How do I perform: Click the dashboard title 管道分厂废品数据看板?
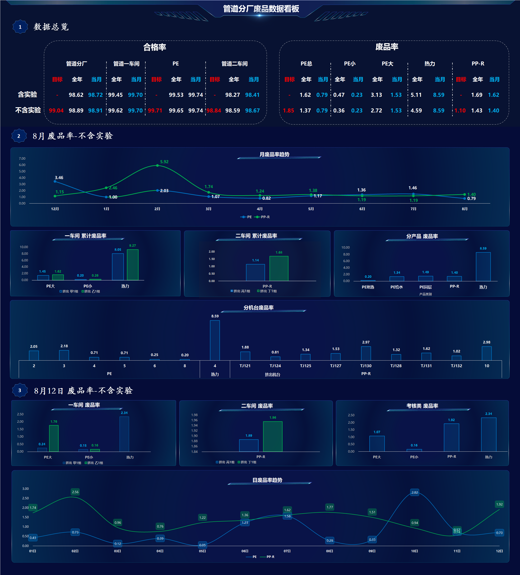coord(261,9)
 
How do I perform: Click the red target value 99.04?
coord(56,110)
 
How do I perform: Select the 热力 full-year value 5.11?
coord(416,95)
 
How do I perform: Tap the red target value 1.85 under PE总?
coord(288,110)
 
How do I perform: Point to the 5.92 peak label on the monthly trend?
coord(164,162)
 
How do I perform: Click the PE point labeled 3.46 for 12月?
coord(55,181)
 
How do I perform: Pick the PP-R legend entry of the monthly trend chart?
coord(262,217)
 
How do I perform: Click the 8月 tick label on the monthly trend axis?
coord(465,209)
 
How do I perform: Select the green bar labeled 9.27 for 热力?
coord(133,265)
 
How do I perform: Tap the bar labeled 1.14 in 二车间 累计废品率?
coord(255,272)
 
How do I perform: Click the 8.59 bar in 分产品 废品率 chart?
coord(483,267)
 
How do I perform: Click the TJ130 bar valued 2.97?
coord(366,353)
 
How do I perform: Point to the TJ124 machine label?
coord(275,366)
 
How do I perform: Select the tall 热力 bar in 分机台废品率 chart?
coord(215,340)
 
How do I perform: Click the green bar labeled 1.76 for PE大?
coord(54,438)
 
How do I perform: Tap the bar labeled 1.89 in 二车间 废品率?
coord(249,445)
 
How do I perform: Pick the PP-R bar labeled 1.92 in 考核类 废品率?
coord(451,437)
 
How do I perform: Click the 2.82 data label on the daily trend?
coord(415,492)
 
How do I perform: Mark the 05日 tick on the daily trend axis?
coord(203,551)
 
